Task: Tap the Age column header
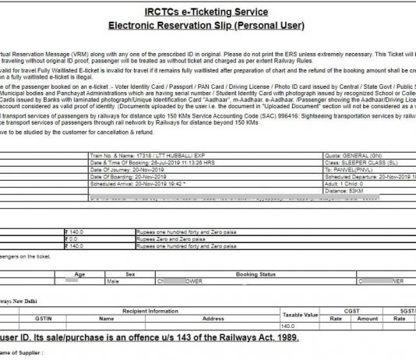pyautogui.click(x=79, y=274)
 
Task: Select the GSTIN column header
pyautogui.click(x=44, y=319)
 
